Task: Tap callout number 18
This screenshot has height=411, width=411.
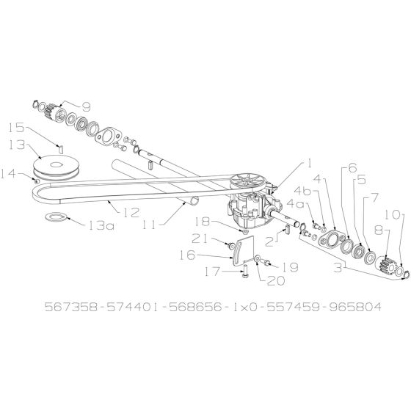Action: pyautogui.click(x=203, y=221)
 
